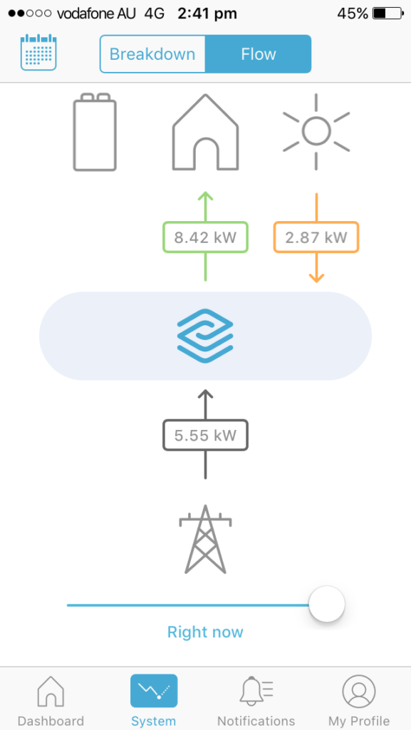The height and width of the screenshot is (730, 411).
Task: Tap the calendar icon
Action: tap(38, 52)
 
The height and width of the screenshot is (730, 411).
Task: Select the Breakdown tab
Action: tap(152, 54)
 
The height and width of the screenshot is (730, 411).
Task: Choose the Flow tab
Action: tap(258, 54)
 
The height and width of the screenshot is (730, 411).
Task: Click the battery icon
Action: tap(95, 132)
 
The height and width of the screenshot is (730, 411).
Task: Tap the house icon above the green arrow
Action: tap(205, 132)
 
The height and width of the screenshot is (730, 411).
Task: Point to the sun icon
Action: tap(316, 131)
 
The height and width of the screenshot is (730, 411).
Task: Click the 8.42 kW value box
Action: tap(205, 237)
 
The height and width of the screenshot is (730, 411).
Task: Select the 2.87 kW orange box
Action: tap(316, 237)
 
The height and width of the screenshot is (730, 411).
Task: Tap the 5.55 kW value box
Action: tap(205, 436)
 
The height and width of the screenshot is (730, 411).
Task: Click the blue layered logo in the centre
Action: tap(205, 335)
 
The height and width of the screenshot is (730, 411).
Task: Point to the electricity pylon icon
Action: tap(205, 539)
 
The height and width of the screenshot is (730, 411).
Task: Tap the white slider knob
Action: tap(327, 604)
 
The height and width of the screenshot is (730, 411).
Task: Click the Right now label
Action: tap(205, 632)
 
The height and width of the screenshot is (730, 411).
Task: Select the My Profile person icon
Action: tap(358, 691)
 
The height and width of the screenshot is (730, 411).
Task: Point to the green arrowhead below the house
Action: tap(205, 197)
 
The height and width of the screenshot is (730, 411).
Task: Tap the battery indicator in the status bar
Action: tap(387, 14)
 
